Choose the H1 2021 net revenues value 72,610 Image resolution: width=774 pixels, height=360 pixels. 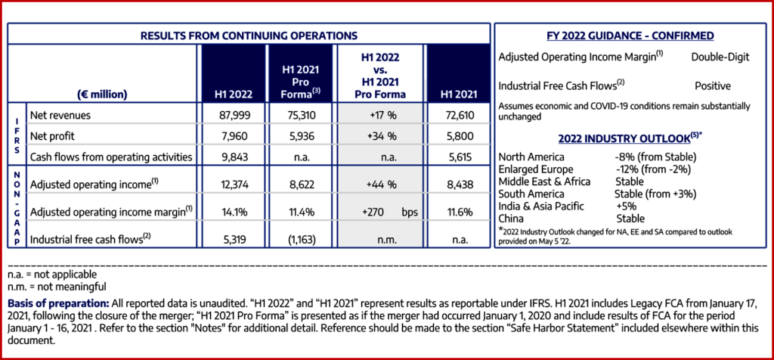tap(452, 116)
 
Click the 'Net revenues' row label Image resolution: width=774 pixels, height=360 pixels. tap(60, 116)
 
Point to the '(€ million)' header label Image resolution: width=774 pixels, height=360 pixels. tap(101, 95)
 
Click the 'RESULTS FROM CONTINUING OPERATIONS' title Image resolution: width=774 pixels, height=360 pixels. tap(249, 35)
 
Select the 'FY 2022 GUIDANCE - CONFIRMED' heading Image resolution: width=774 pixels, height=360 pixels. tap(630, 36)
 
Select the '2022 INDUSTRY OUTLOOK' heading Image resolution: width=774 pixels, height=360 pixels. tap(627, 139)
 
